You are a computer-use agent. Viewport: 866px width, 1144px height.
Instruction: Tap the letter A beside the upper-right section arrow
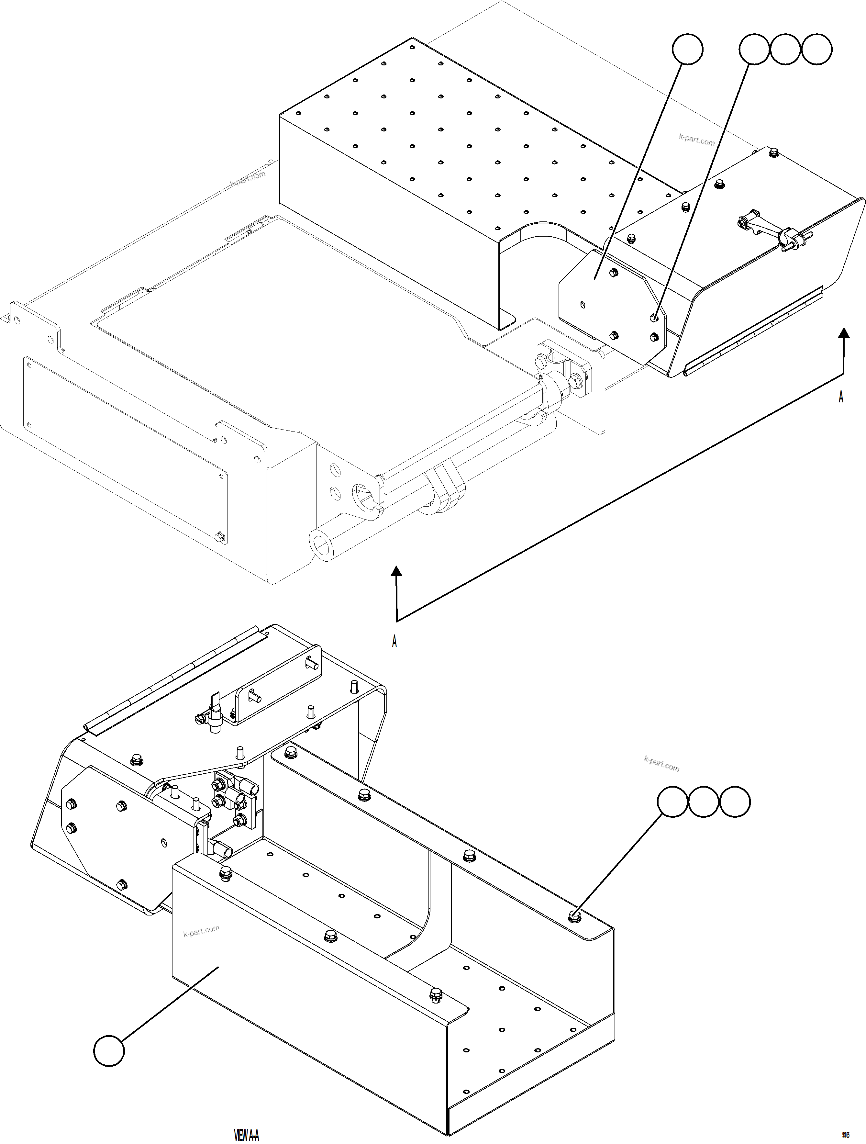841,397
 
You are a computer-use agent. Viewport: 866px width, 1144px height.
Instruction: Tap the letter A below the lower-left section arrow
394,641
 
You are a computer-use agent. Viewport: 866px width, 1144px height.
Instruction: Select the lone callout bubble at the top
687,50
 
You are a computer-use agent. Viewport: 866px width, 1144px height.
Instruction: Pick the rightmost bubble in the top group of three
817,50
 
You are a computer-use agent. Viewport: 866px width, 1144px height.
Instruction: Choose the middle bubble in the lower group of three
704,802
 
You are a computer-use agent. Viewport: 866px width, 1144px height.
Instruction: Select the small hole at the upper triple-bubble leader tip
653,317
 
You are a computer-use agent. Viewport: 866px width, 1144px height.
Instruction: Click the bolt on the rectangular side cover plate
221,536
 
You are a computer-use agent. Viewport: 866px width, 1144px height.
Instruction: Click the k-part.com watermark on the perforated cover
696,139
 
